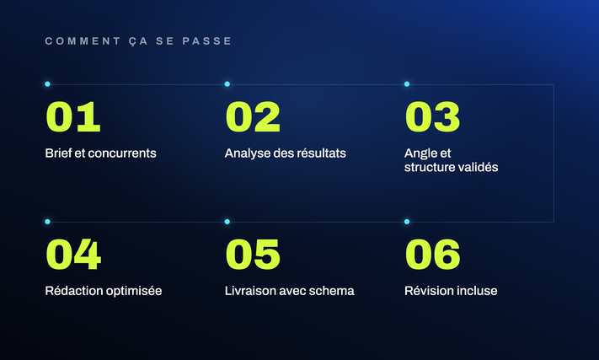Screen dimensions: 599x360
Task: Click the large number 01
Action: tap(73, 117)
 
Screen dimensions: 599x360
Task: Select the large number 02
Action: tap(253, 117)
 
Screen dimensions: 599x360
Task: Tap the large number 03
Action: tap(432, 117)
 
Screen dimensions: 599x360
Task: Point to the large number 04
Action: tap(73, 255)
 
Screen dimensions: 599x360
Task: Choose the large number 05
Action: tap(253, 255)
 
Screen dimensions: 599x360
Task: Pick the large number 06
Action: tap(432, 255)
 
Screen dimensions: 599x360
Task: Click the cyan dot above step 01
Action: tap(47, 84)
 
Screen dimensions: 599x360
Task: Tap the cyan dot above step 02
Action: tap(227, 84)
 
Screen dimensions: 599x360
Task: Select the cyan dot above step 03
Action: tap(407, 84)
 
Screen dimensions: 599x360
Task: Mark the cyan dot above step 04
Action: tap(47, 222)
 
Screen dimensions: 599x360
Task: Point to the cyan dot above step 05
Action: tap(227, 222)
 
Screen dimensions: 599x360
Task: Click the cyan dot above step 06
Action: tap(407, 222)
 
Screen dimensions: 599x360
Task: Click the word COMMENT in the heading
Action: tap(83, 41)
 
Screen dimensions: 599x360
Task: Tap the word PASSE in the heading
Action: tap(206, 41)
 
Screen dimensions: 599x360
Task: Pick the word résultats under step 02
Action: tap(321, 153)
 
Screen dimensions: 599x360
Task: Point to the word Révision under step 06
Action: tap(425, 291)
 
